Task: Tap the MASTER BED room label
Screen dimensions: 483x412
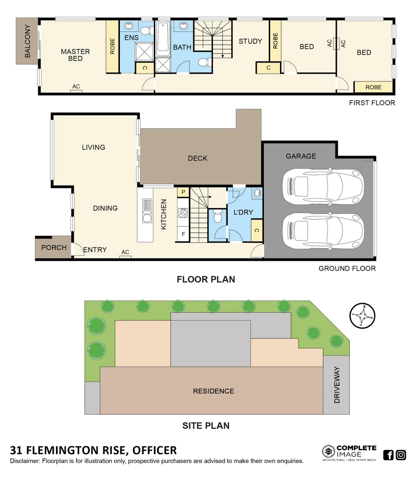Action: click(75, 55)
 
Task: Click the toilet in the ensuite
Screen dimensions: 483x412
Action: click(145, 30)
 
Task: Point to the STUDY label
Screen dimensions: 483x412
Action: click(250, 41)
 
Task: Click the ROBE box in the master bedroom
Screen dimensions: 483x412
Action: click(112, 46)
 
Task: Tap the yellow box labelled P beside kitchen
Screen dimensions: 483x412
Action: click(183, 192)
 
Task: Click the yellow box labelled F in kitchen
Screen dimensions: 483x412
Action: click(183, 233)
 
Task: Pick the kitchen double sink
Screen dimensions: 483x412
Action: click(147, 211)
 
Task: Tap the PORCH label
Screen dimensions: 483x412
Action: click(54, 247)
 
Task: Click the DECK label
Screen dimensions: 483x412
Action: click(197, 158)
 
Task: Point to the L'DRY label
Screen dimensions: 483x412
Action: click(243, 212)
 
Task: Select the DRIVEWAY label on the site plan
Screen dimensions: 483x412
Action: click(337, 385)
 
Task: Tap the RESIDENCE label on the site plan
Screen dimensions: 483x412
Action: click(213, 391)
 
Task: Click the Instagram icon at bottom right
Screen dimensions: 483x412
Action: click(401, 455)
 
